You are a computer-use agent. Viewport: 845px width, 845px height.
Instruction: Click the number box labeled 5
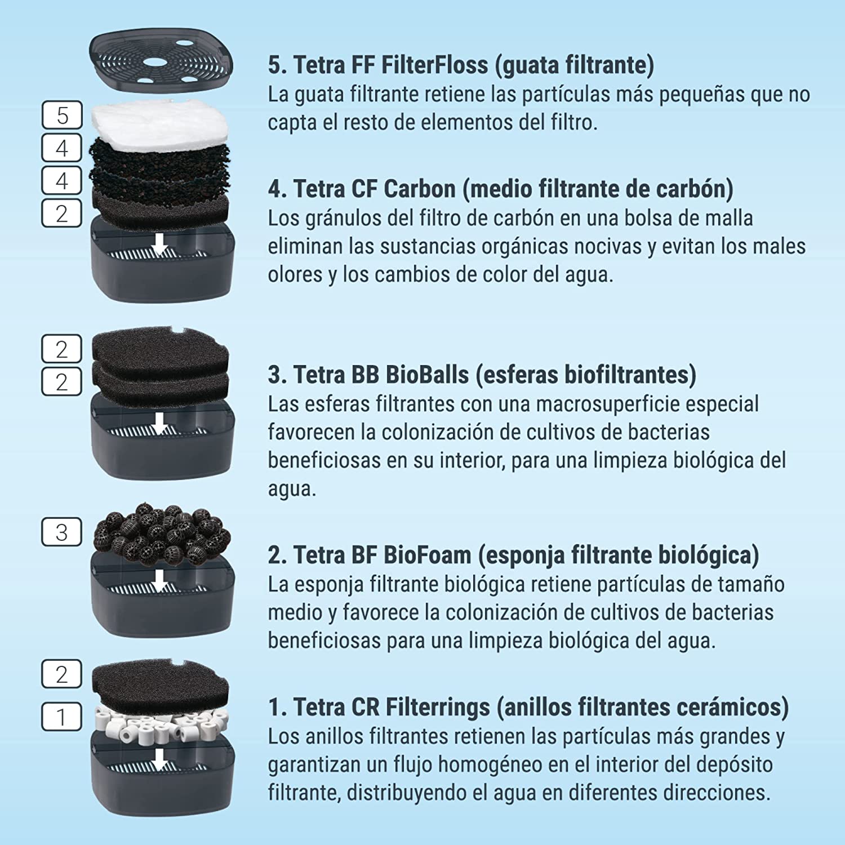pos(62,115)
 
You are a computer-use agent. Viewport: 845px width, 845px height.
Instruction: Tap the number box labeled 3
pos(62,532)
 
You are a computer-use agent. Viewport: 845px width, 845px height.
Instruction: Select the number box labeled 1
pos(62,717)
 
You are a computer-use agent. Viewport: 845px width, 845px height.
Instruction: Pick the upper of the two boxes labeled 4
pos(62,148)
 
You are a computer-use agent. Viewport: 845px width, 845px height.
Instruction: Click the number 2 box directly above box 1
pos(62,674)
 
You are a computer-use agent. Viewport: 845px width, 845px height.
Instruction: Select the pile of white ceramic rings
pos(162,722)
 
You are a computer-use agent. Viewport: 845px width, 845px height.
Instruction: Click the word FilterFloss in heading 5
pos(434,65)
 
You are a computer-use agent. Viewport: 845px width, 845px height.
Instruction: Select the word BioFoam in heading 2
pos(428,555)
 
